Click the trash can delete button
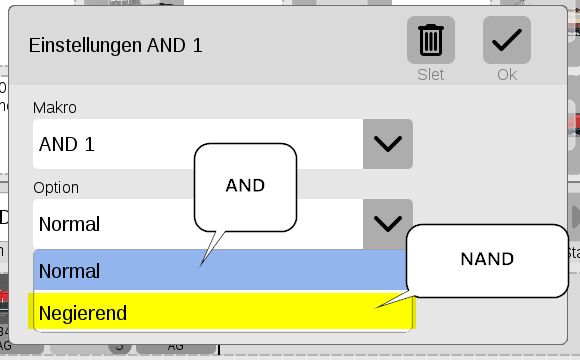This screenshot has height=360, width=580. pos(431,40)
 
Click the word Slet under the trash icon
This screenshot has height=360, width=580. pos(431,75)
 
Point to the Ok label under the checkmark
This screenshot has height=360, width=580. pos(507,75)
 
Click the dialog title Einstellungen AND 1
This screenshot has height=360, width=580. pos(115,46)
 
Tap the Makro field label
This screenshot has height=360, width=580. pos(55,108)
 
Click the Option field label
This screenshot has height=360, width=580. pos(56,188)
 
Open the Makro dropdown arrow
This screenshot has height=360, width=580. pos(388,144)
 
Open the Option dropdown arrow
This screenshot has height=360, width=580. pos(388,224)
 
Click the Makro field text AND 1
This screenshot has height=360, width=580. pos(67,144)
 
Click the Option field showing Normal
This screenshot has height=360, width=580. pos(198,224)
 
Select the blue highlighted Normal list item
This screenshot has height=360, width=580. pos(220,270)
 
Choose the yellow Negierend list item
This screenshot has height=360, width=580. pos(222,311)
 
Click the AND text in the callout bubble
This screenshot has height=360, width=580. pos(245,185)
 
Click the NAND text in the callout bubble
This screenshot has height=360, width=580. pos(487,259)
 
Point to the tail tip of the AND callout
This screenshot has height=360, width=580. pos(200,266)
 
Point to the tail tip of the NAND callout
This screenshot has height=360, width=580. pos(375,308)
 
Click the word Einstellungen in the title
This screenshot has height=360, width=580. pos(85,46)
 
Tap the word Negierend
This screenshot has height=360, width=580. pos(82,313)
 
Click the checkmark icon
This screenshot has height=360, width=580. pos(507,40)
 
